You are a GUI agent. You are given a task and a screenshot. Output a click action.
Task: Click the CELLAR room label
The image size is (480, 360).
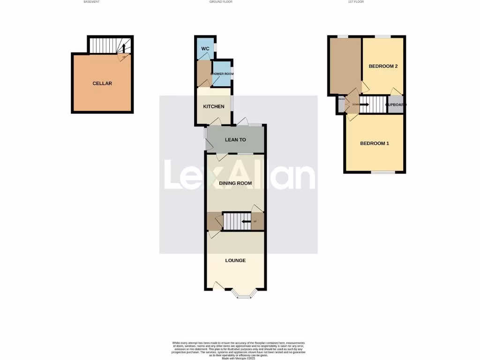pyautogui.click(x=102, y=83)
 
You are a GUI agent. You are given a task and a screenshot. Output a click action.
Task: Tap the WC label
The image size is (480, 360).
pyautogui.click(x=205, y=49)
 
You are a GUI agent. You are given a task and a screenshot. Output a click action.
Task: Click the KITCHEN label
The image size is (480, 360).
pyautogui.click(x=213, y=106)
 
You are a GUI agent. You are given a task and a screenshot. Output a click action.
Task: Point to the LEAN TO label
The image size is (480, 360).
pyautogui.click(x=235, y=140)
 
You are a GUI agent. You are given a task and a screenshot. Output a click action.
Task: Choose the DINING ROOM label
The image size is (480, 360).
pyautogui.click(x=235, y=183)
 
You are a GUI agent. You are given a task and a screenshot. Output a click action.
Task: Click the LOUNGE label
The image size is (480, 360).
pyautogui.click(x=235, y=261)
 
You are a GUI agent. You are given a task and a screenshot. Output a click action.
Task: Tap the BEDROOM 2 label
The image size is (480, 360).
pyautogui.click(x=383, y=66)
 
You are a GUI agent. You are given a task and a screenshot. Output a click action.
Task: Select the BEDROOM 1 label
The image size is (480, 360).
pyautogui.click(x=374, y=143)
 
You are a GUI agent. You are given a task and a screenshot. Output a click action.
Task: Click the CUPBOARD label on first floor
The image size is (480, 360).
pyautogui.click(x=396, y=105)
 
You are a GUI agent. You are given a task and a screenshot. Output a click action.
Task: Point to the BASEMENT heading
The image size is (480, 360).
pyautogui.click(x=91, y=2)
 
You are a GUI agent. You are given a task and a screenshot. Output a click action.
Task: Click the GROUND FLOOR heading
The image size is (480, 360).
pyautogui.click(x=221, y=2)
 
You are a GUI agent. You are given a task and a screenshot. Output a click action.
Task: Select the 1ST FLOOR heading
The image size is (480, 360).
pyautogui.click(x=356, y=2)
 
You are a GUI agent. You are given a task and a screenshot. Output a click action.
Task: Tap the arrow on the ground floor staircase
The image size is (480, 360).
pyautogui.click(x=245, y=221)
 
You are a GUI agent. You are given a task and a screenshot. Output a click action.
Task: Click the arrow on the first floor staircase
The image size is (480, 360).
pyautogui.click(x=364, y=105)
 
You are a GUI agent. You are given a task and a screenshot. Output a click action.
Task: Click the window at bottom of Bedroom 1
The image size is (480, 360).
pyautogui.click(x=383, y=172)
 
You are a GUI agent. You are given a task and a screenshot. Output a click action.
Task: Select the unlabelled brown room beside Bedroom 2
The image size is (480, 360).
pyautogui.click(x=344, y=66)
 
